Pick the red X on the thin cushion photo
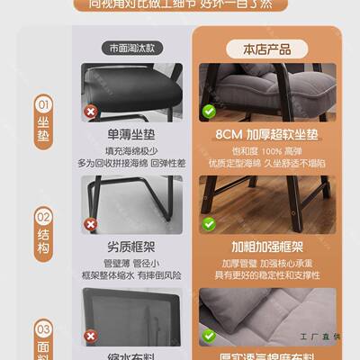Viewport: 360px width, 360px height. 90,112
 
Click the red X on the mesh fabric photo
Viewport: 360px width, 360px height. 90,337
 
